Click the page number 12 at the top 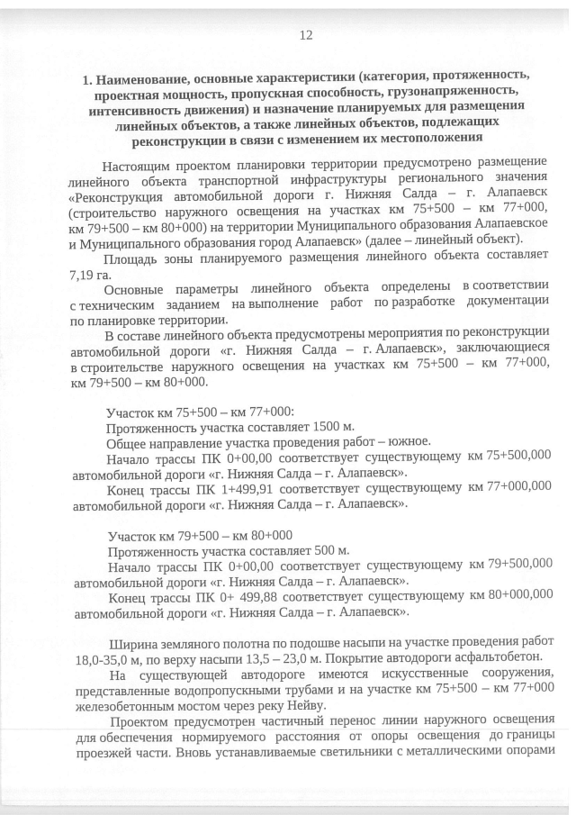tap(305, 35)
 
